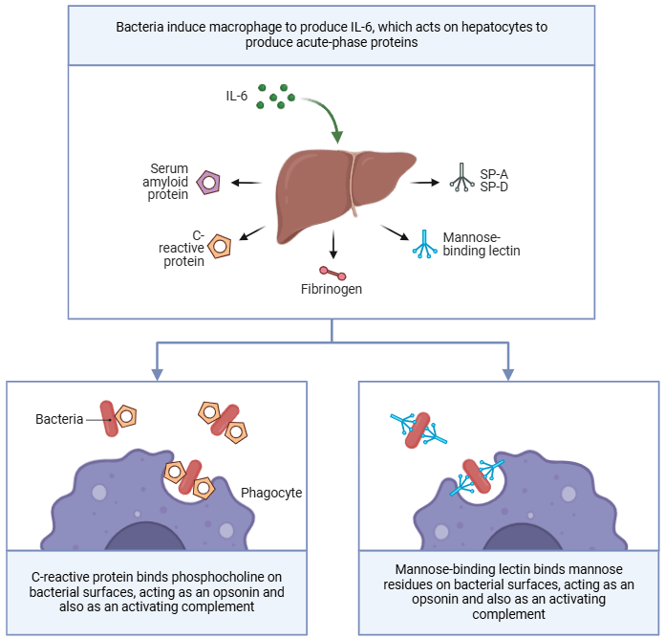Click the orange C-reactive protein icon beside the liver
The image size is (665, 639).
221,247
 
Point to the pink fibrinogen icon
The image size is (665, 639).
332,273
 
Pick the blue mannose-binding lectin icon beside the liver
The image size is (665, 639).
423,245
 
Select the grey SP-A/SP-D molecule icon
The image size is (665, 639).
461,180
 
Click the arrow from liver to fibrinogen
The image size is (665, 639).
332,245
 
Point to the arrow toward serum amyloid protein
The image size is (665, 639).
247,182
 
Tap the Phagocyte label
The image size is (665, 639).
271,493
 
